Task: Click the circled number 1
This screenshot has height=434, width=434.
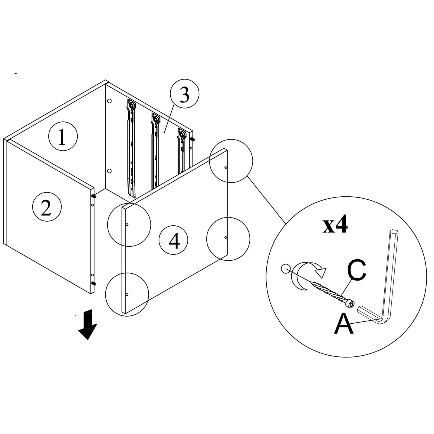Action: click(63, 136)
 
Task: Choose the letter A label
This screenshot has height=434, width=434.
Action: click(344, 324)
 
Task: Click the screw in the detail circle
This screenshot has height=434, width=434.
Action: click(334, 294)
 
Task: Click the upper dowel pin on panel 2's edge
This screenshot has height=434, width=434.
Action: click(94, 196)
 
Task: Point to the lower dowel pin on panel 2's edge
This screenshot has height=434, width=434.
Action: click(94, 283)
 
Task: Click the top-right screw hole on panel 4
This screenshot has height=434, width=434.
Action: click(226, 168)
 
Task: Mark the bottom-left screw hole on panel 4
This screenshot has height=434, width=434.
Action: click(127, 294)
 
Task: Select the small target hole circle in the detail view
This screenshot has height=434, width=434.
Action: click(284, 268)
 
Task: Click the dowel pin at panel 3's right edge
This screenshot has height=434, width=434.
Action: click(193, 139)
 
